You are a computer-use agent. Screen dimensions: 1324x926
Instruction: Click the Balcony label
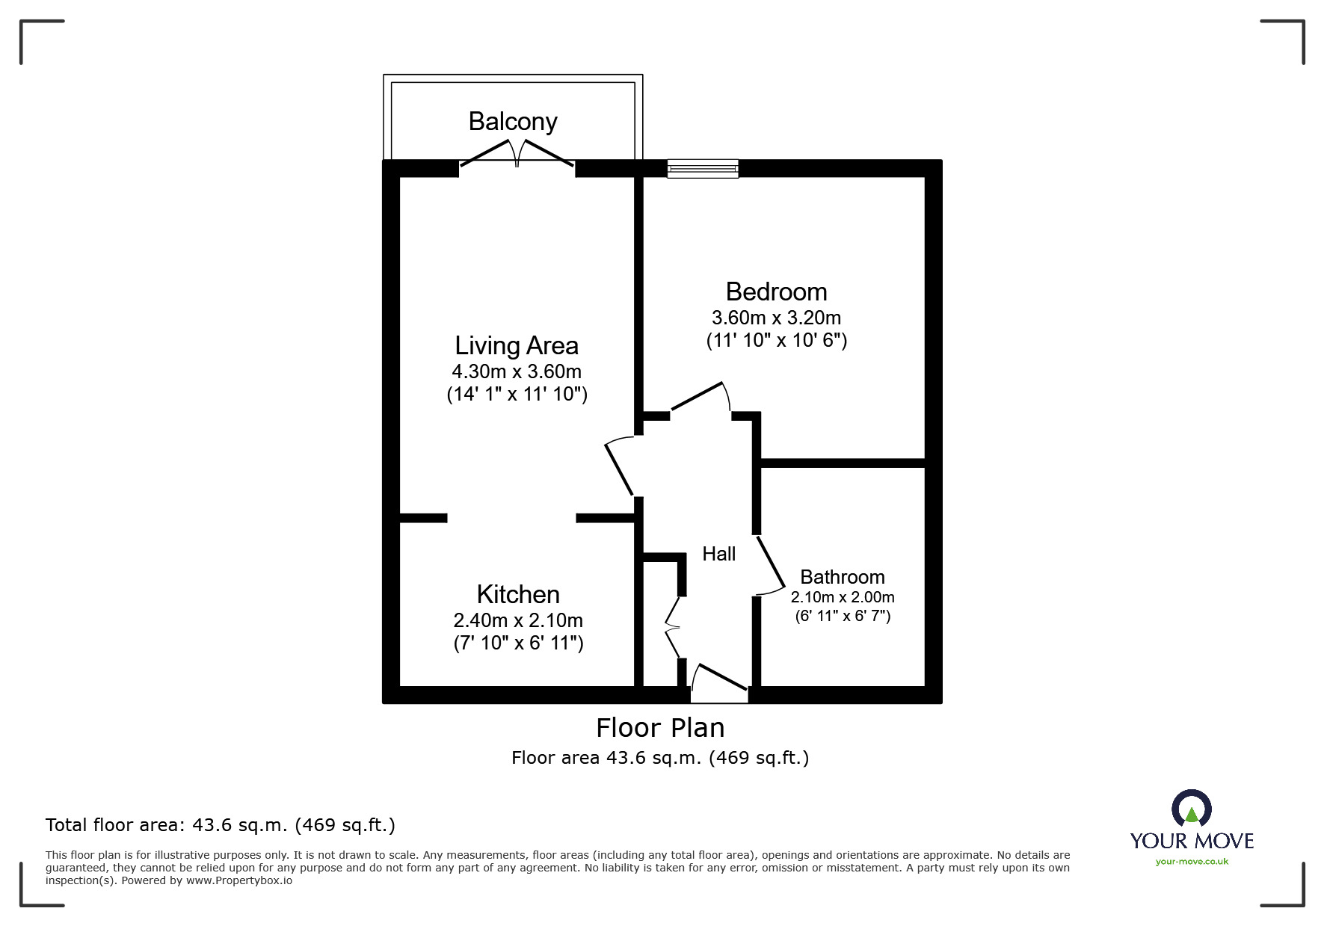point(513,122)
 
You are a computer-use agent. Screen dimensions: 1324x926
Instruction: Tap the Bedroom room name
point(776,291)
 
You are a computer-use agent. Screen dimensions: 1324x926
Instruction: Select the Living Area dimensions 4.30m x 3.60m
point(517,371)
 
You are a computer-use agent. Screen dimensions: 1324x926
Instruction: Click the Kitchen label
point(518,594)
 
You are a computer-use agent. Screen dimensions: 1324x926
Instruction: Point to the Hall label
point(719,554)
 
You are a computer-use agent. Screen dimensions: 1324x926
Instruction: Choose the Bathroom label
point(843,577)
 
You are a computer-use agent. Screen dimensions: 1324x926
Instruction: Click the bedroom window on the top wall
point(703,168)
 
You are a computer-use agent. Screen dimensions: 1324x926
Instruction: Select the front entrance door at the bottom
point(719,682)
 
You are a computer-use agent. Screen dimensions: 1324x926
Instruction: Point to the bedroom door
point(701,397)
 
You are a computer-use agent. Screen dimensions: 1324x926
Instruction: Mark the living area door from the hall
point(619,466)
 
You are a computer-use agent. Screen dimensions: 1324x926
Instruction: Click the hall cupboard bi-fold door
point(672,627)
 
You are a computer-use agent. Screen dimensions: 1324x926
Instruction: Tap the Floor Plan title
point(660,728)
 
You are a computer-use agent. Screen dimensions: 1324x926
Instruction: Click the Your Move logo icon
point(1191,809)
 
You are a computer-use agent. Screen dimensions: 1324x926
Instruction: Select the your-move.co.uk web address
point(1192,862)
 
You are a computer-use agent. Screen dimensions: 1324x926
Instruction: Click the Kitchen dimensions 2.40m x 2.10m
point(518,620)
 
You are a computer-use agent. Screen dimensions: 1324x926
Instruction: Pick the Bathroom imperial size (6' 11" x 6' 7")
point(843,617)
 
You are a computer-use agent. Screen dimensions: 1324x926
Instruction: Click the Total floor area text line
point(221,825)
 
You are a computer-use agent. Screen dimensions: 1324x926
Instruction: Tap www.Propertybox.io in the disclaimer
point(239,880)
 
